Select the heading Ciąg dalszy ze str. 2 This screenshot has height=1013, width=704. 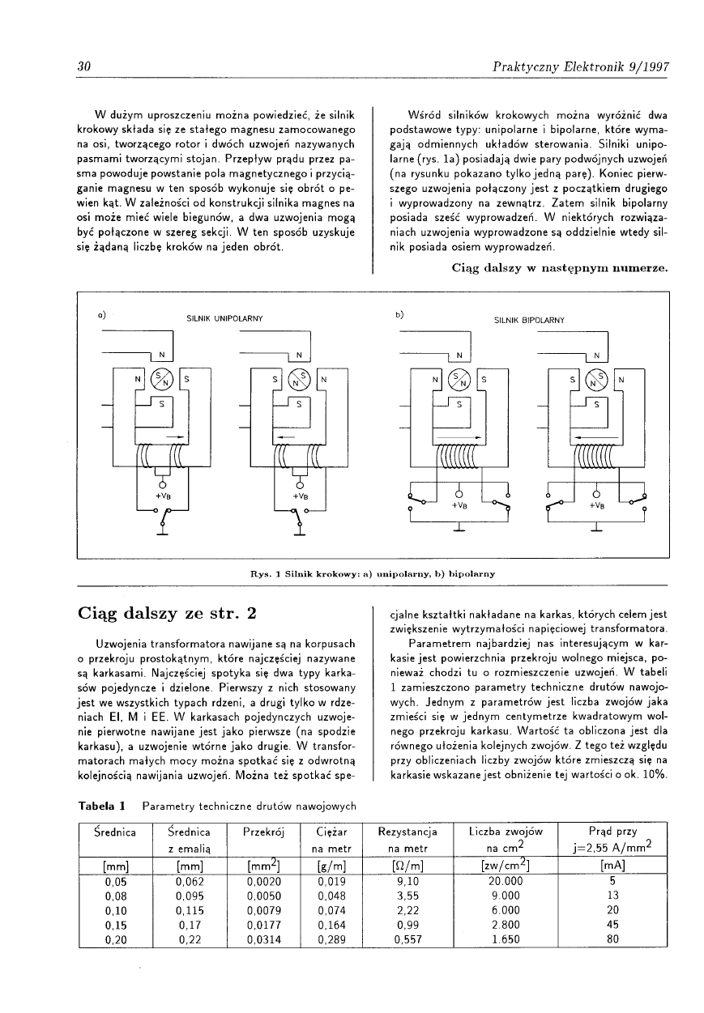(x=167, y=612)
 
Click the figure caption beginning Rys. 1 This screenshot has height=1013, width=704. (x=373, y=573)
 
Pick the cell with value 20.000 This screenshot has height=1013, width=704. (x=506, y=881)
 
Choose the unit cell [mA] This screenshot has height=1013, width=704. (x=613, y=866)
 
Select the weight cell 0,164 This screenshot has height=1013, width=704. (x=332, y=925)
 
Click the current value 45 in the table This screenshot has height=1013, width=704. (x=613, y=925)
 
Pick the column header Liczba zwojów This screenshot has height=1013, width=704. (x=506, y=831)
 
